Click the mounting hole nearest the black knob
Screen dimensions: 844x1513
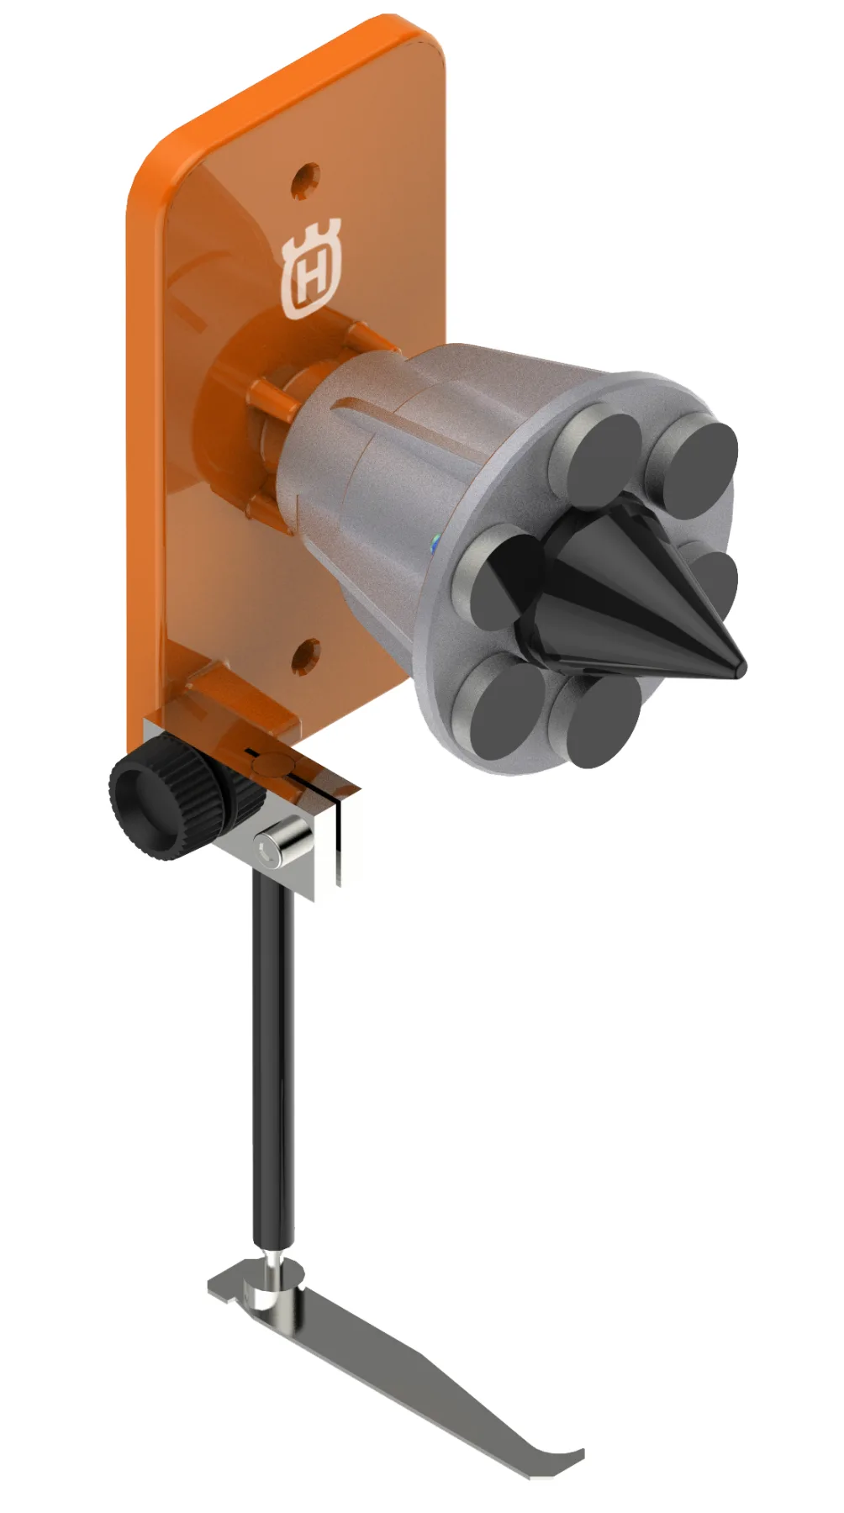point(306,656)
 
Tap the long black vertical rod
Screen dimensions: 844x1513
point(273,1059)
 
